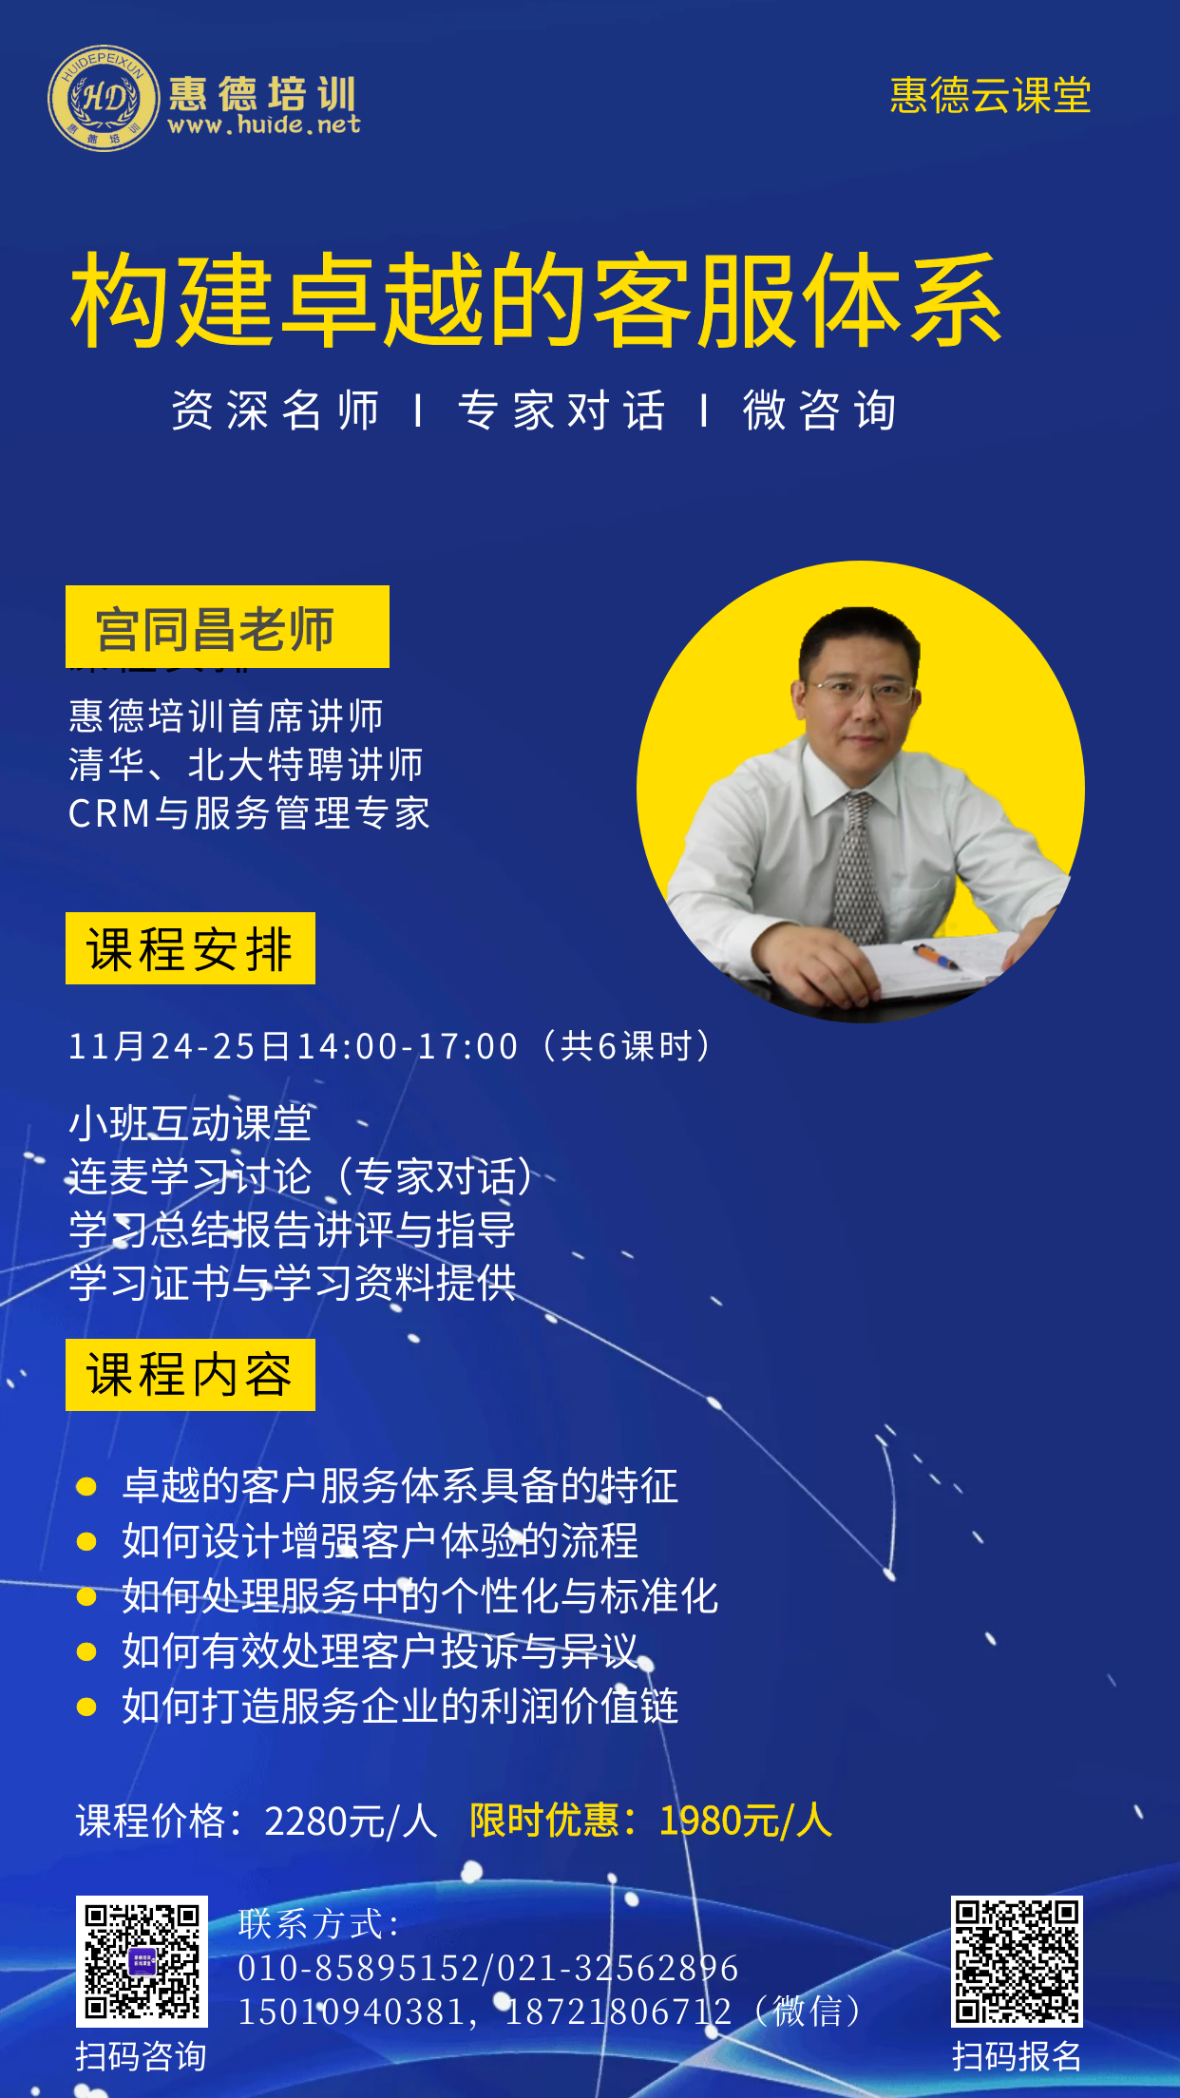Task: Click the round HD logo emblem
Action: tap(104, 98)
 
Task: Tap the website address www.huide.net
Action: tap(264, 124)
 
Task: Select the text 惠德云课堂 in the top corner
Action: tap(990, 95)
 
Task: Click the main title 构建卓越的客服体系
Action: tap(537, 300)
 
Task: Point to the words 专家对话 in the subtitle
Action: tap(561, 410)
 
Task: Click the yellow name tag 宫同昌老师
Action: tap(227, 627)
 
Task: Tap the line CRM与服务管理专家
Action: tap(249, 813)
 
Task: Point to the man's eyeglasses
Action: tap(862, 689)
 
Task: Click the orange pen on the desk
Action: tap(937, 956)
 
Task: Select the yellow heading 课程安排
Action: tap(190, 948)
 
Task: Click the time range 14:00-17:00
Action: tap(408, 1046)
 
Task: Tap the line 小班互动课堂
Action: tap(190, 1124)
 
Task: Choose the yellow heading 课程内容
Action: tap(190, 1375)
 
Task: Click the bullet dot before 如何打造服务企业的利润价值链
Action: tap(86, 1707)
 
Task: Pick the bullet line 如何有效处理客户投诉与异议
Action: tap(380, 1651)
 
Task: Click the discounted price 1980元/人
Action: tap(746, 1821)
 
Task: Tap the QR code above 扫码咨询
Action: tap(142, 1961)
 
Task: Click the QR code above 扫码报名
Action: tap(1017, 1961)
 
